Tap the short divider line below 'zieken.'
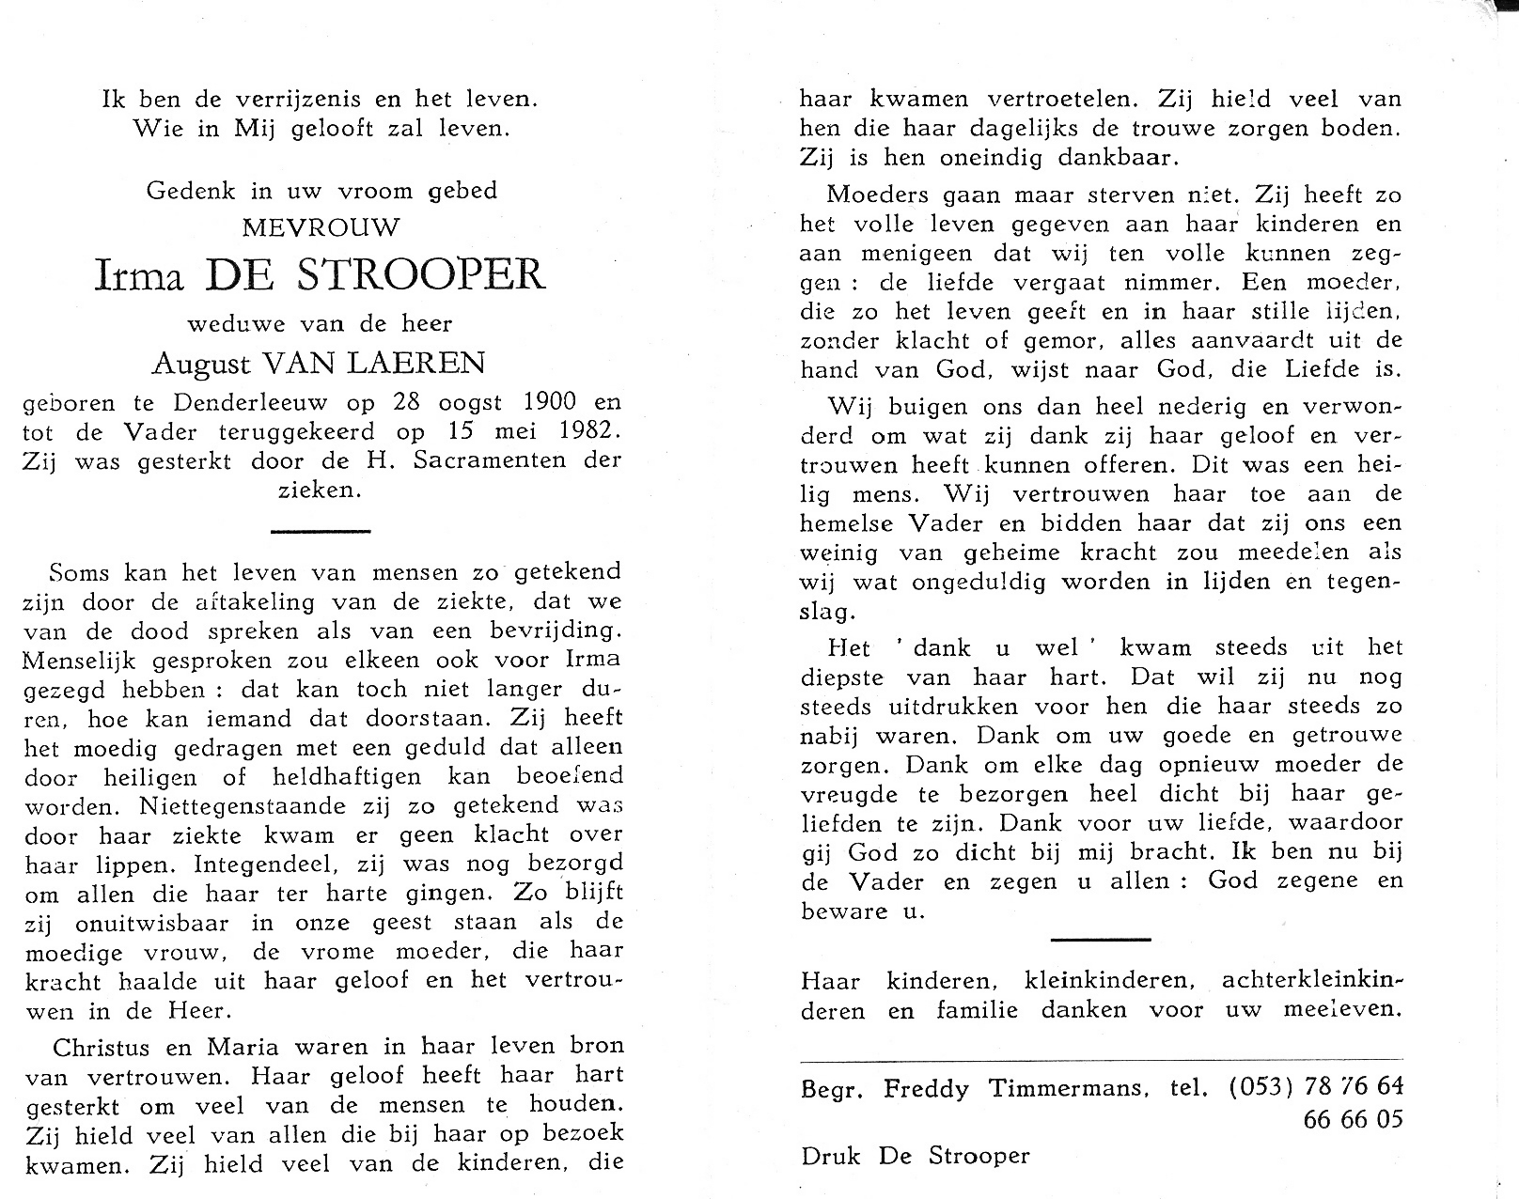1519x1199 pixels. pos(320,532)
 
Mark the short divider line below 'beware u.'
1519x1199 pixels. pos(1100,939)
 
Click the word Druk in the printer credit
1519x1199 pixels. pos(832,1156)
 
